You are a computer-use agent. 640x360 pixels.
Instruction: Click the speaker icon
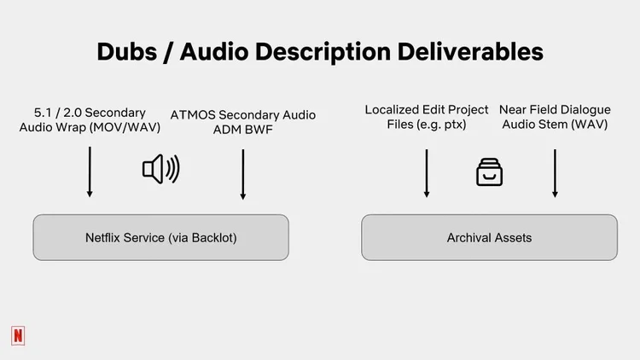tap(160, 170)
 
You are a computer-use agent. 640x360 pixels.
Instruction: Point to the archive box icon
tap(489, 172)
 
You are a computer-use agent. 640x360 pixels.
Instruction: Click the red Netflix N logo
tap(18, 336)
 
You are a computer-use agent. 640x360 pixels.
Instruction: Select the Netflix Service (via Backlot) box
tap(160, 237)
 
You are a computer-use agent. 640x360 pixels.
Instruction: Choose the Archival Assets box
tap(489, 237)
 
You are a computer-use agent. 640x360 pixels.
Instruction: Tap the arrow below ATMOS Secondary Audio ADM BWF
tap(243, 174)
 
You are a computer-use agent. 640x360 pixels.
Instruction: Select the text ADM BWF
tap(243, 130)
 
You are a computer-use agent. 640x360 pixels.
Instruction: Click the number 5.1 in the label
tap(42, 113)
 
